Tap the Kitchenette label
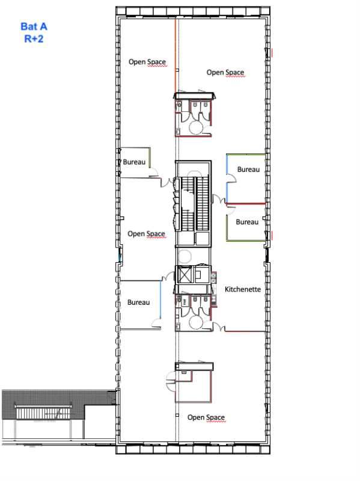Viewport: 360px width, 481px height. pyautogui.click(x=243, y=289)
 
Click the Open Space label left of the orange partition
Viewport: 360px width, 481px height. pyautogui.click(x=147, y=62)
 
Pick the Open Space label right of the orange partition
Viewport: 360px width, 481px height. pyautogui.click(x=225, y=73)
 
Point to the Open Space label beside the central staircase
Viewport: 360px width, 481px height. pyautogui.click(x=146, y=234)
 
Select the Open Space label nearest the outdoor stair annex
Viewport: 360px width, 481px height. pyautogui.click(x=206, y=417)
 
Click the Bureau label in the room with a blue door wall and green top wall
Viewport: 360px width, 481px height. pyautogui.click(x=248, y=170)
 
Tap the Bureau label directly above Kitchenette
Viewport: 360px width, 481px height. pyautogui.click(x=246, y=222)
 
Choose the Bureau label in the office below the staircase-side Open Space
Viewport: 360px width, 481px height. pyautogui.click(x=138, y=302)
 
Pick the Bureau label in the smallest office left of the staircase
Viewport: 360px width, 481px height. pyautogui.click(x=133, y=162)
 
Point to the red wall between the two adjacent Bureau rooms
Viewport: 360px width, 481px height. pyautogui.click(x=246, y=203)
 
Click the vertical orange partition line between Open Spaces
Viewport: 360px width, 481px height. pyautogui.click(x=175, y=54)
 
